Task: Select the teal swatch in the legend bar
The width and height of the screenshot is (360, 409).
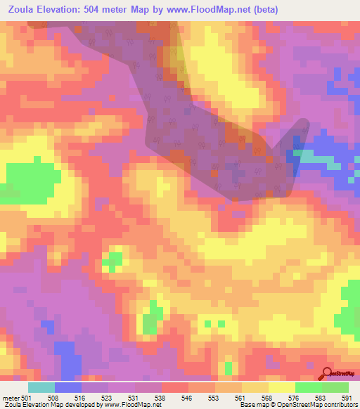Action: pos(41,387)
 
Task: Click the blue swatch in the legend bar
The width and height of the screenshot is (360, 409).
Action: pos(68,387)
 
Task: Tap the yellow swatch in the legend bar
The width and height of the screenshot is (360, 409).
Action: pos(255,387)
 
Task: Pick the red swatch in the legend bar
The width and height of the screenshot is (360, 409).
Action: pos(175,387)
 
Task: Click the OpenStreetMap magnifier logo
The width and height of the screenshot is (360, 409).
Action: pos(326,375)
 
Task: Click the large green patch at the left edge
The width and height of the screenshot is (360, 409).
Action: pos(32,178)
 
